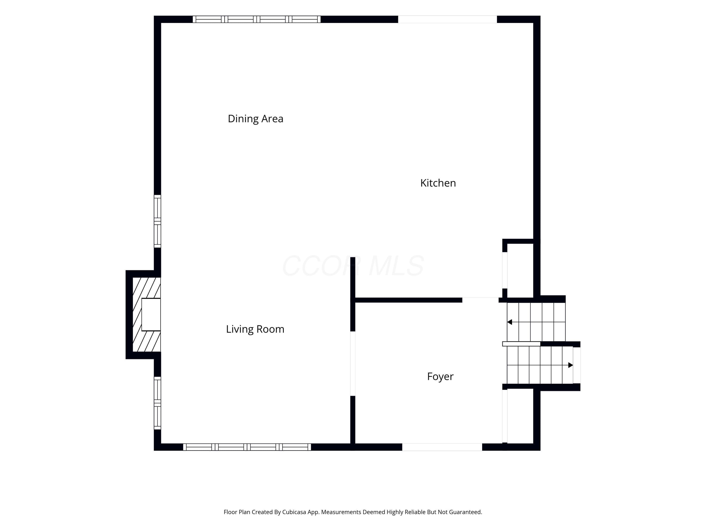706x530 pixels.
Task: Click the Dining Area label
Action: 255,119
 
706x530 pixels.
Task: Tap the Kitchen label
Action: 438,183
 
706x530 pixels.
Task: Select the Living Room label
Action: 255,329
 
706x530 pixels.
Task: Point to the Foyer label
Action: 440,377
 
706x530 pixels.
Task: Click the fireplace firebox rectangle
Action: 151,315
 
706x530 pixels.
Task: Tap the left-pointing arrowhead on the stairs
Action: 509,322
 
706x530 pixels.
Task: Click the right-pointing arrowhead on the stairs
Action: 571,365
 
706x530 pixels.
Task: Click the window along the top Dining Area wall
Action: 257,19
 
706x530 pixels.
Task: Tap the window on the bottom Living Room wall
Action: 247,447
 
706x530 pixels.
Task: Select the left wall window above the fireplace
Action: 157,221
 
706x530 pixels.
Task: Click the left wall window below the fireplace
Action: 157,403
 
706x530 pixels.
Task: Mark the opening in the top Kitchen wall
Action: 447,19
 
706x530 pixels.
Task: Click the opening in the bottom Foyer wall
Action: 442,447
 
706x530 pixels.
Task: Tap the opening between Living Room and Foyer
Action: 353,363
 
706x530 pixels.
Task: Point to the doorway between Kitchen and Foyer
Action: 480,300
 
